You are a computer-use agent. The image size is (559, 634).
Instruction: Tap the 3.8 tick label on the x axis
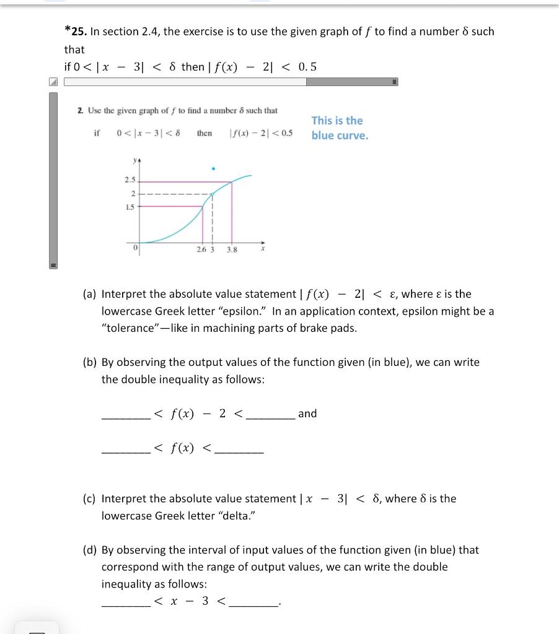point(232,250)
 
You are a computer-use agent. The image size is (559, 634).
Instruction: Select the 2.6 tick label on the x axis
point(201,250)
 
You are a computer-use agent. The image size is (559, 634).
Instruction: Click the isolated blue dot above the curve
point(213,168)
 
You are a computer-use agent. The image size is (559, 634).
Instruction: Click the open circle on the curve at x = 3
point(212,194)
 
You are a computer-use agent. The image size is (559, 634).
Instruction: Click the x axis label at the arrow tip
point(263,250)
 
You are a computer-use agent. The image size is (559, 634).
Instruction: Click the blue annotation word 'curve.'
point(353,136)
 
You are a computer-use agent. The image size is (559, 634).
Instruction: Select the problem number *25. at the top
point(76,32)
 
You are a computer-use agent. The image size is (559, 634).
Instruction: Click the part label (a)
point(90,294)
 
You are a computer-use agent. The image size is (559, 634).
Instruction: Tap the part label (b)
point(90,362)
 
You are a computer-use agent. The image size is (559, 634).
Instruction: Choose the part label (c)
point(90,498)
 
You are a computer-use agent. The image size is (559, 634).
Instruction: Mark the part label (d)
point(90,550)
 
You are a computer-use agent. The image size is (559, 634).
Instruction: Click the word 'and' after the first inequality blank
point(307,414)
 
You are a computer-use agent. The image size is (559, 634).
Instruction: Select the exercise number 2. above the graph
point(81,110)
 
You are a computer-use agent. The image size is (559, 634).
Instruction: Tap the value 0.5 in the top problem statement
point(307,67)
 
